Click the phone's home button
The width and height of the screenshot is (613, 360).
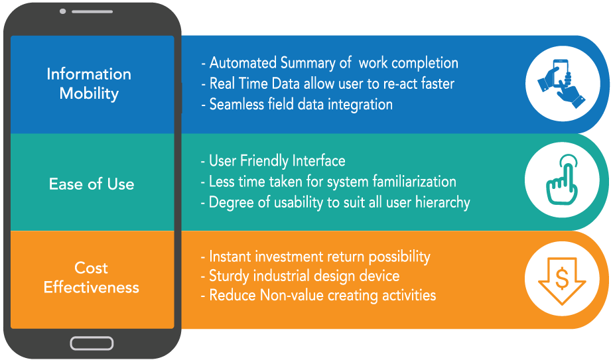click(92, 343)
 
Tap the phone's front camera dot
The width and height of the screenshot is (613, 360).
click(62, 11)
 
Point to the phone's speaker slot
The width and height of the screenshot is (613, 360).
click(92, 12)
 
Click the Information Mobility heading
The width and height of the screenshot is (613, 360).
click(89, 84)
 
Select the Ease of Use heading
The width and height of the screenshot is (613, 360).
click(92, 184)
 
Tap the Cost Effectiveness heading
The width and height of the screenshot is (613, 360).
click(92, 278)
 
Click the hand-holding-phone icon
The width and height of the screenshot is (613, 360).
click(562, 84)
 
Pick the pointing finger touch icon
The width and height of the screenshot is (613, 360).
click(562, 180)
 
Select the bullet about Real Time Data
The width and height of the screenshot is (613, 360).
click(328, 84)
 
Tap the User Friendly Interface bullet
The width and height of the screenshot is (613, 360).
click(273, 160)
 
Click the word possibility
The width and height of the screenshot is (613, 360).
click(399, 257)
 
